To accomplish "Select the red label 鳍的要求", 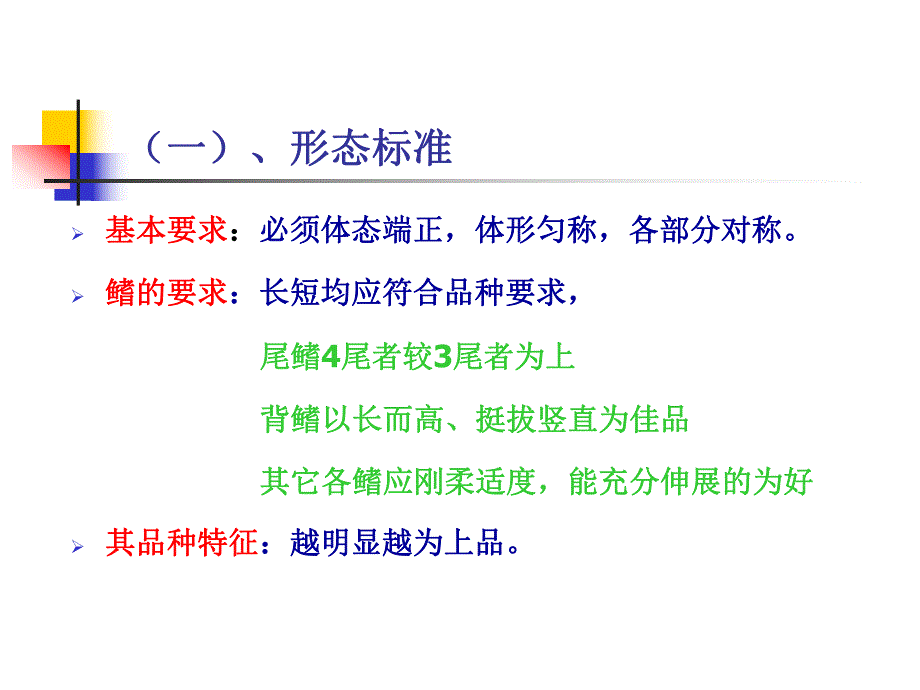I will coord(166,295).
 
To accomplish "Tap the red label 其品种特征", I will coord(181,545).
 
